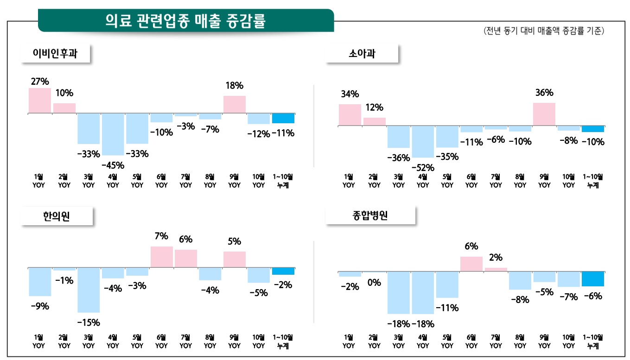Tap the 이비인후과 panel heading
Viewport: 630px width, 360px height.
tap(55, 54)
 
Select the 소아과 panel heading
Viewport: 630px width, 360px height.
tap(362, 54)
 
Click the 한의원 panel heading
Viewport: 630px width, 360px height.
tap(57, 216)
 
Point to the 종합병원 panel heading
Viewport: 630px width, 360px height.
tap(370, 216)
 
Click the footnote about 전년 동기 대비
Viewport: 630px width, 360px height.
tap(543, 32)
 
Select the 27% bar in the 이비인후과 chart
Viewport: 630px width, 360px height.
tap(40, 101)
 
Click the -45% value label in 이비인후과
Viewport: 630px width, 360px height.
tap(113, 164)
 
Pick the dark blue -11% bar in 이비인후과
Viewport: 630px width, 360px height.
tap(283, 118)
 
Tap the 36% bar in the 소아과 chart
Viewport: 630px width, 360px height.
tap(544, 114)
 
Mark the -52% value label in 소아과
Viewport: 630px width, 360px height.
tap(422, 167)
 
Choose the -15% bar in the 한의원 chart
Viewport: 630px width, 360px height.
tap(89, 290)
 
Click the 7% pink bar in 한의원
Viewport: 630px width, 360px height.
tap(161, 257)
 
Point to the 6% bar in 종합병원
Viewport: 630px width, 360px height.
tap(471, 264)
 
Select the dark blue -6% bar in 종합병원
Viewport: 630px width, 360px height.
tap(592, 279)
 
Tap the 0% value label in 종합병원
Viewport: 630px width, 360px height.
tap(374, 283)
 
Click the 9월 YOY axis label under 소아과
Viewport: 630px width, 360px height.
tap(544, 181)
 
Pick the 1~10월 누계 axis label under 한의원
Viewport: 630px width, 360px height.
tap(283, 341)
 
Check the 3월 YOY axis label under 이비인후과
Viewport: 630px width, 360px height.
tap(89, 181)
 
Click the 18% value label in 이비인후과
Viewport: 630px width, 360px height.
tap(235, 86)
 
